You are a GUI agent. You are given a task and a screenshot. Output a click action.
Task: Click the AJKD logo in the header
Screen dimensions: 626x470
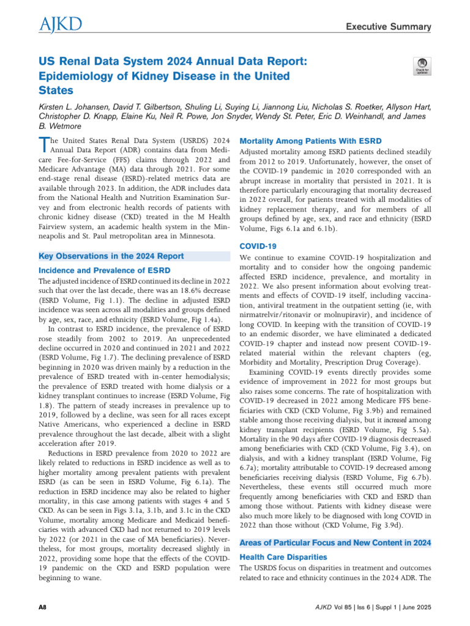tap(59, 24)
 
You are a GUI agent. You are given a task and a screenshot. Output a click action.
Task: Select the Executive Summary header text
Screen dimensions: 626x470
tap(389, 26)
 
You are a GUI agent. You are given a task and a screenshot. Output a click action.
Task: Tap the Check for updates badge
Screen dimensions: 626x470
tap(422, 67)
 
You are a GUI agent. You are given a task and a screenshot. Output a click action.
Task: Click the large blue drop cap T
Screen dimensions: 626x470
tap(43, 145)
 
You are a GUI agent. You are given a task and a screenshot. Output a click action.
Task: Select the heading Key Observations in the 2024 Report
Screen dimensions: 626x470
tap(111, 256)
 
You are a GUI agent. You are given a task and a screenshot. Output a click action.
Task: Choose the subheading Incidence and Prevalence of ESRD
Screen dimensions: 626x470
tap(104, 270)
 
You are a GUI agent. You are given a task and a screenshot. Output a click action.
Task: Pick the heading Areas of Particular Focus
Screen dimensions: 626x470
tap(335, 542)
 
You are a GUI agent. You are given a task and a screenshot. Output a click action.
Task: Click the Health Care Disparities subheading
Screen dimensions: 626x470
tap(284, 557)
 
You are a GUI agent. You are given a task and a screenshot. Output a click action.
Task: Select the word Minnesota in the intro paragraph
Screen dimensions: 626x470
tap(195, 235)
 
